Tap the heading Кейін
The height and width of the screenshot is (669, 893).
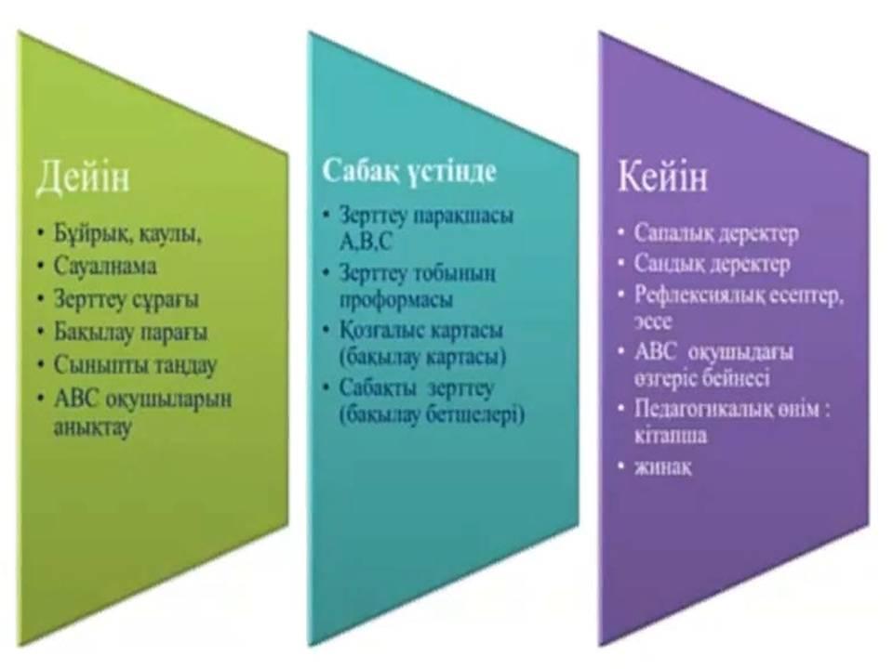pyautogui.click(x=662, y=176)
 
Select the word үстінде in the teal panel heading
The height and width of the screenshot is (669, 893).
pyautogui.click(x=452, y=171)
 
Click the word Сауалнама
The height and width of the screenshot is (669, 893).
pyautogui.click(x=105, y=267)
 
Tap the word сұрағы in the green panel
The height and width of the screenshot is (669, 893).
pyautogui.click(x=166, y=300)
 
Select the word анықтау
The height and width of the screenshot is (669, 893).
pyautogui.click(x=93, y=426)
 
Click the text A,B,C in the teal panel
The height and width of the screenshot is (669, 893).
pyautogui.click(x=366, y=243)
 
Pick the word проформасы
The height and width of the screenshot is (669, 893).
pyautogui.click(x=396, y=299)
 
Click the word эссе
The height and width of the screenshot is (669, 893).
pyautogui.click(x=653, y=322)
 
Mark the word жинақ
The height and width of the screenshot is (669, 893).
pyautogui.click(x=663, y=467)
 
